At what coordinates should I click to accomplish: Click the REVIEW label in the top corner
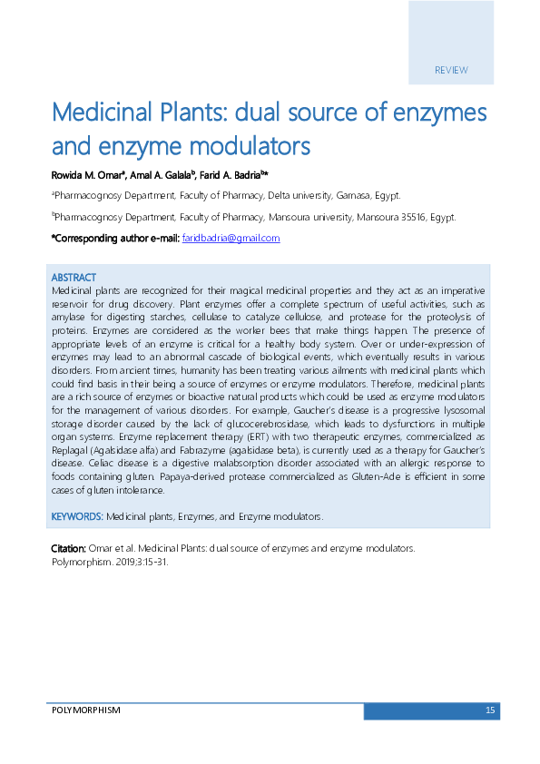pyautogui.click(x=451, y=70)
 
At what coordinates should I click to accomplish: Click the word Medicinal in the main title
pyautogui.click(x=104, y=113)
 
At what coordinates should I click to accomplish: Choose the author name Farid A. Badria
pyautogui.click(x=231, y=173)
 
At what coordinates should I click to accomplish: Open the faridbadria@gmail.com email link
pyautogui.click(x=231, y=238)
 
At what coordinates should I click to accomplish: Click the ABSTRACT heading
pyautogui.click(x=74, y=277)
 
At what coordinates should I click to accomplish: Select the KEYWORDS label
pyautogui.click(x=77, y=516)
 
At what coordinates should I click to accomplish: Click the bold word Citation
pyautogui.click(x=68, y=549)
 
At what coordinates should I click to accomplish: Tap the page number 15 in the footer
pyautogui.click(x=490, y=710)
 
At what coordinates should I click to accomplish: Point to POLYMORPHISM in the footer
pyautogui.click(x=85, y=710)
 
